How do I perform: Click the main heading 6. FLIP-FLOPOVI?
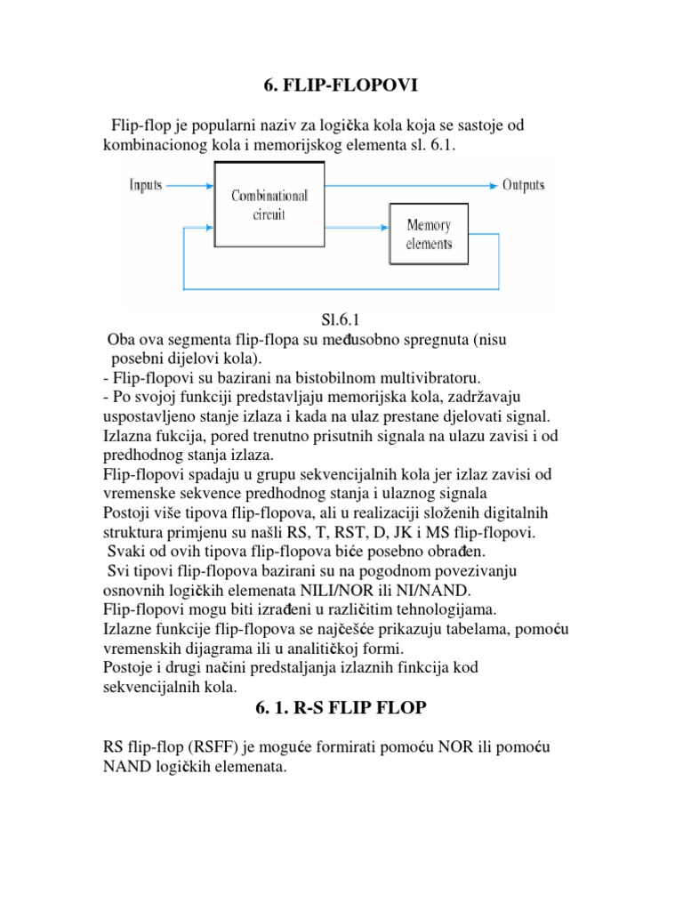pos(341,85)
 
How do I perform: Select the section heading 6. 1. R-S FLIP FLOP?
pos(341,708)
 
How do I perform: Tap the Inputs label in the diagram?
pos(146,185)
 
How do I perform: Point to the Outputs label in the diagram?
pos(524,185)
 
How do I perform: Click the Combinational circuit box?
pos(270,206)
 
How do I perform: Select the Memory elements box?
pos(429,235)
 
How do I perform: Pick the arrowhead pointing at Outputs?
pos(491,186)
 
